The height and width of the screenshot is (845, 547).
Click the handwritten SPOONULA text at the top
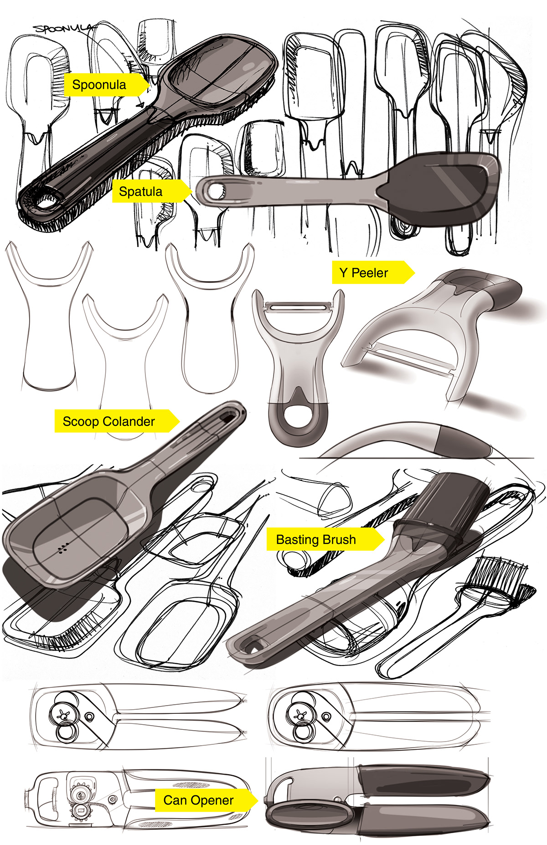(64, 29)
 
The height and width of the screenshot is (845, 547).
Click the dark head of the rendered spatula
(438, 189)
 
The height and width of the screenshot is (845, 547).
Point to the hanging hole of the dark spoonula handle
(46, 200)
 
